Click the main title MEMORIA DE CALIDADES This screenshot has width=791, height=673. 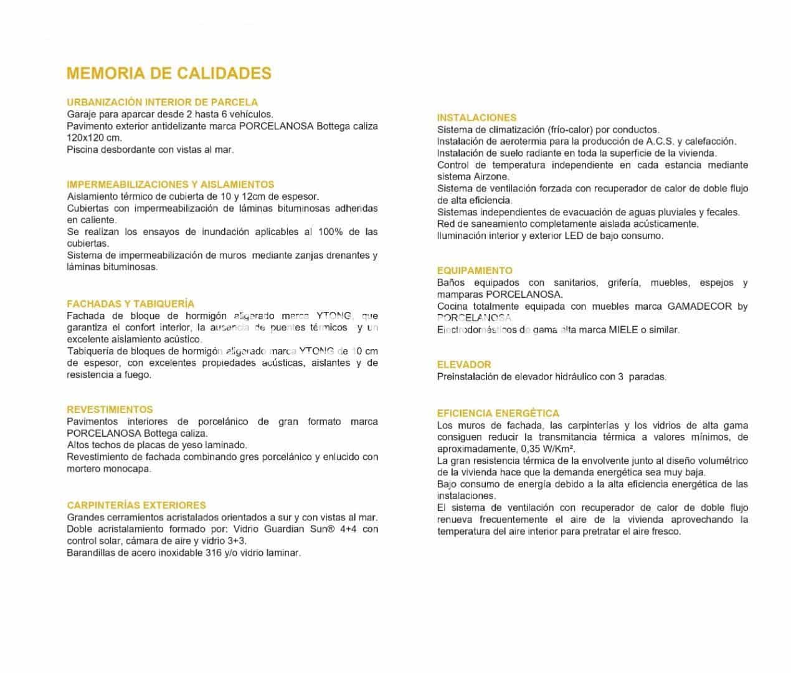(169, 74)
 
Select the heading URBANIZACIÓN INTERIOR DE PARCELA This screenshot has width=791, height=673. (162, 102)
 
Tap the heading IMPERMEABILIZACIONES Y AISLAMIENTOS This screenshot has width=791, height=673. (170, 184)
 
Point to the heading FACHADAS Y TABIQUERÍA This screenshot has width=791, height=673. (130, 304)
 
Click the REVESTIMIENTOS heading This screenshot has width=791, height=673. (110, 410)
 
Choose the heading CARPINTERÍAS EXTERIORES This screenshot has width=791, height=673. (136, 505)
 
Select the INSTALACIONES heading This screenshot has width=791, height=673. (476, 118)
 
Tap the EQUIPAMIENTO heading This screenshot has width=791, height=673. (475, 271)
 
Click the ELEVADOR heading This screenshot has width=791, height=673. (464, 365)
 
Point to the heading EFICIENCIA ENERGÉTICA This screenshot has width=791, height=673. (498, 413)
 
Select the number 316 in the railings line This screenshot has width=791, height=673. (214, 553)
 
